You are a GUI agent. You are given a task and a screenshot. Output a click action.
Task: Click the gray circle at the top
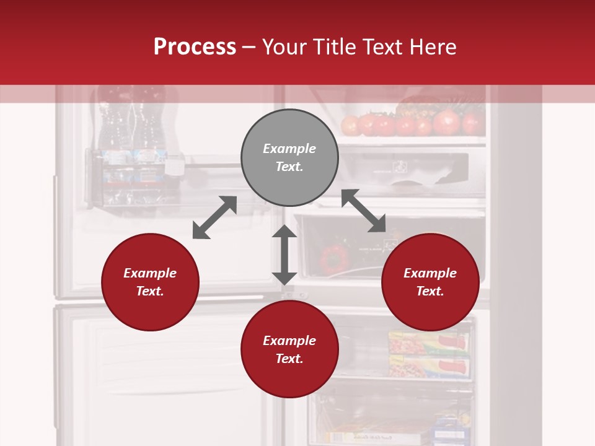289,157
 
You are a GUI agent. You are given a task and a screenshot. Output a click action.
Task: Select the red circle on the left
150,282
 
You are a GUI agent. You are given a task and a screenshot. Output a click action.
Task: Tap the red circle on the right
430,282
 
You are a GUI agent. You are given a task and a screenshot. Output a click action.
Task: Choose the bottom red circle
289,349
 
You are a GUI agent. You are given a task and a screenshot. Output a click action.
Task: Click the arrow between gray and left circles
214,217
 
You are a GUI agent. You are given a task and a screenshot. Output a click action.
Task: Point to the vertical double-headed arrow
284,255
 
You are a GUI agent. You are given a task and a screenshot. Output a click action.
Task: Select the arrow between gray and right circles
364,211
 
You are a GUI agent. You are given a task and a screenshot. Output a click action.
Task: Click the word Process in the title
195,46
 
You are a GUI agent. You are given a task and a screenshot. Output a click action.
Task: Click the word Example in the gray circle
289,149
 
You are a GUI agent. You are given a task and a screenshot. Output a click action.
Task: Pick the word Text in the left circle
150,291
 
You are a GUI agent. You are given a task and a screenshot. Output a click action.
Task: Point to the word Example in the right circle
430,273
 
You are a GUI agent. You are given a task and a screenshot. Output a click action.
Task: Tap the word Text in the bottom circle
289,359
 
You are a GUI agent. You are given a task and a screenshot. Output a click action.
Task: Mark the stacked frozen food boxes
428,354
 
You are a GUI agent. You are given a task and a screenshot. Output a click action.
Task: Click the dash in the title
249,47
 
